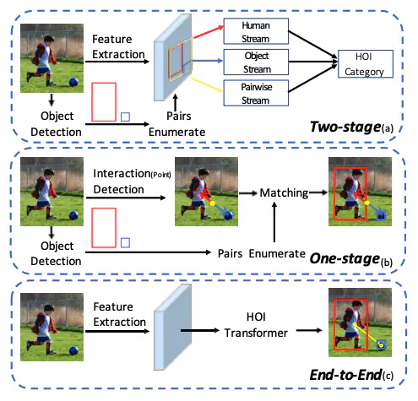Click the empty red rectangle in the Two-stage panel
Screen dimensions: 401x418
[x=103, y=101]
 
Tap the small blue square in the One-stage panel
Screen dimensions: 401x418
[x=125, y=242]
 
